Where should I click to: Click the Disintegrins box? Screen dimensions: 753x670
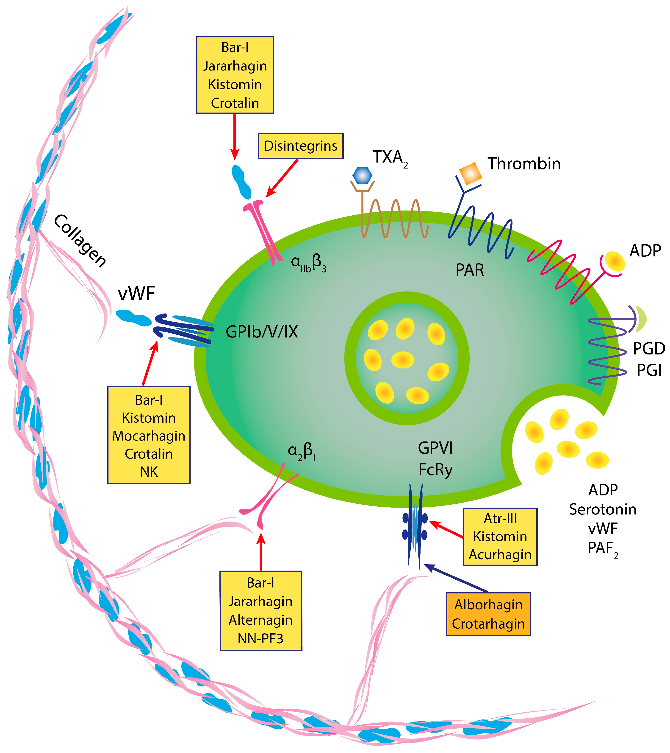300,146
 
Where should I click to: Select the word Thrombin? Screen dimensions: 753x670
524,164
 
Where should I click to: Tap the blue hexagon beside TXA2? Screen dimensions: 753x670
362,176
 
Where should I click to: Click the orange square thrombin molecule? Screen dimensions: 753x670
471,173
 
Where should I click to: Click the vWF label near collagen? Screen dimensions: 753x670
136,294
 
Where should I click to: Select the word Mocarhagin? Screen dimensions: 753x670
149,436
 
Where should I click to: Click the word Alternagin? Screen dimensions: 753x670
261,620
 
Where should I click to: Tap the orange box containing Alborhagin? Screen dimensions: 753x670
488,614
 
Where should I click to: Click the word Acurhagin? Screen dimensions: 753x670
500,554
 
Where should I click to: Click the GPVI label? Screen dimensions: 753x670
435,448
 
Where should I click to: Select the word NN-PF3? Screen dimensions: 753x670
261,638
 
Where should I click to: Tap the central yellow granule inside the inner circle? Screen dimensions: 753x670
403,360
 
